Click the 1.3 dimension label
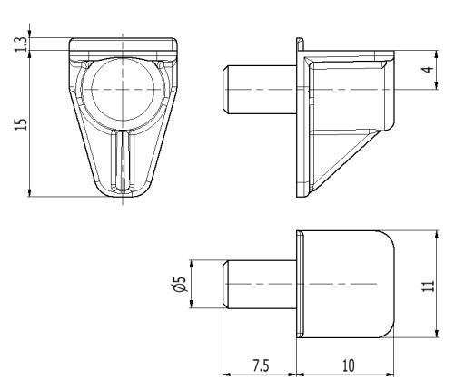22,44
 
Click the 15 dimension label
21,124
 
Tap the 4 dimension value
428,70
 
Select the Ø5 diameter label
179,284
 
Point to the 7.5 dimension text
261,365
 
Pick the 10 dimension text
348,365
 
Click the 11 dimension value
428,286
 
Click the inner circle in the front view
123,58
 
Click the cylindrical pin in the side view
260,90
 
